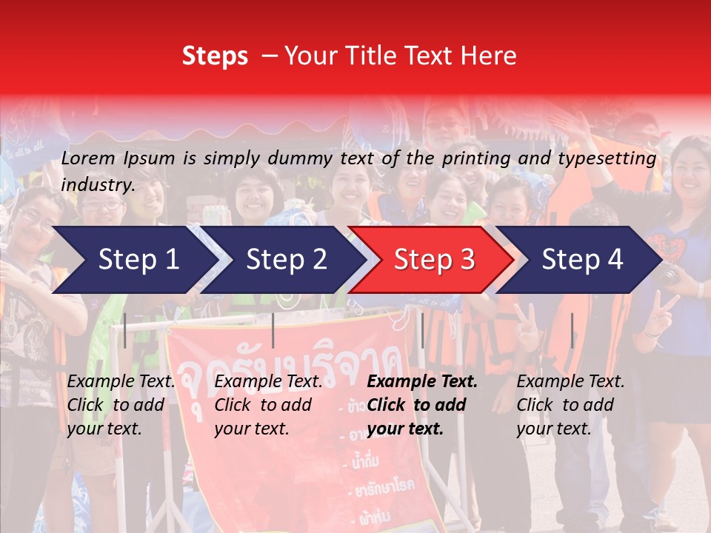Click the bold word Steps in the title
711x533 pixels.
tap(215, 56)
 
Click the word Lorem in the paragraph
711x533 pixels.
tap(88, 158)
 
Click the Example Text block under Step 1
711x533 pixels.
tap(121, 405)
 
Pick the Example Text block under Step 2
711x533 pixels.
tap(268, 405)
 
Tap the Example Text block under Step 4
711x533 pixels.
tap(570, 405)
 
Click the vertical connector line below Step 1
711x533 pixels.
tap(125, 330)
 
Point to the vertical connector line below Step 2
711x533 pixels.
tap(273, 330)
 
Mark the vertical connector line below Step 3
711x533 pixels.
tap(422, 330)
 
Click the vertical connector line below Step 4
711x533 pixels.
tap(572, 330)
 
